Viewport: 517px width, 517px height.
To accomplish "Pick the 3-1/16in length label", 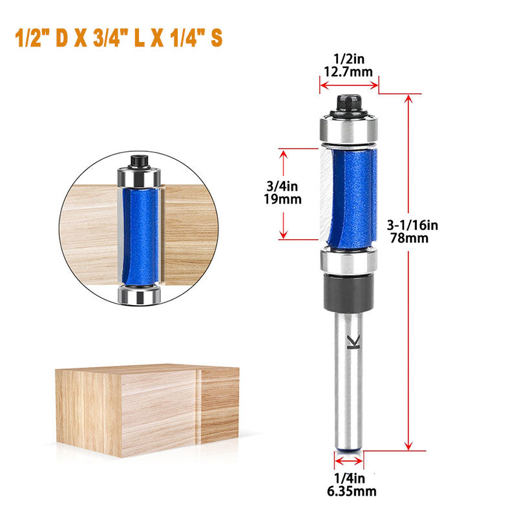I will (x=415, y=225).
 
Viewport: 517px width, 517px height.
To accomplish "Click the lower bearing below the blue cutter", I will (x=348, y=262).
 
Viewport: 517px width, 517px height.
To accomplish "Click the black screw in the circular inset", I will (x=138, y=160).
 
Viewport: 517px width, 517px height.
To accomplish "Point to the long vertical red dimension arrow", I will (x=408, y=271).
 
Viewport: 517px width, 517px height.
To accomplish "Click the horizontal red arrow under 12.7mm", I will (x=348, y=83).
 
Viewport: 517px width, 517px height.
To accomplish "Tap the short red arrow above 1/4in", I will (x=348, y=461).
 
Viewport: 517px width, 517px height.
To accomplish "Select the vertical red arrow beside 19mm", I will (x=282, y=194).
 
